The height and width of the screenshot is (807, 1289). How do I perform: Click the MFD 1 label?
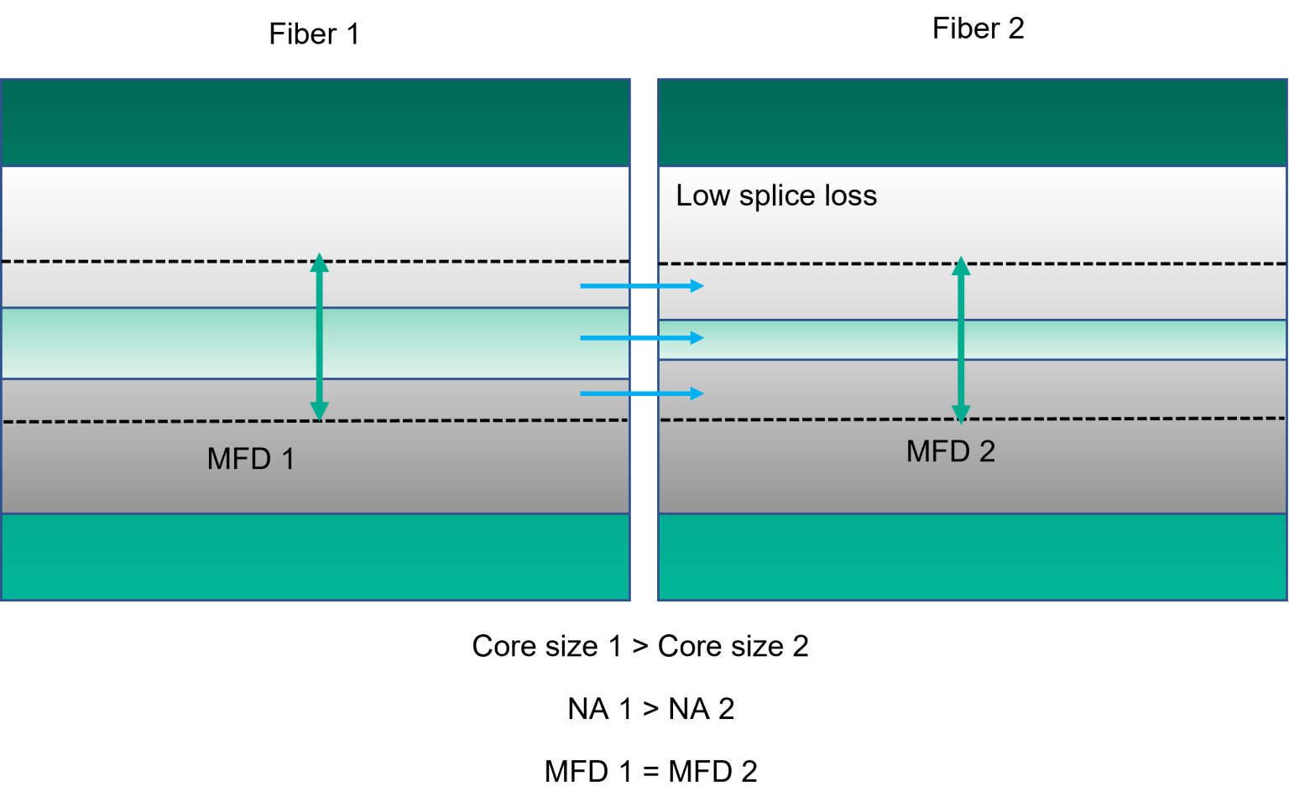click(250, 459)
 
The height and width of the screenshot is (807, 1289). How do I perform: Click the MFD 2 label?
click(950, 451)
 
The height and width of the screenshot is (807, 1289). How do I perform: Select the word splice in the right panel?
click(777, 195)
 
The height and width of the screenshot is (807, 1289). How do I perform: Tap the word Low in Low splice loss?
click(702, 195)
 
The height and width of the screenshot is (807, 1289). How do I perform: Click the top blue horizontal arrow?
click(641, 286)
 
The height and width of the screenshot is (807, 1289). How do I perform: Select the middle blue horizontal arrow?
click(641, 338)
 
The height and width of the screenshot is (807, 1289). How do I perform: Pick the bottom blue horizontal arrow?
click(641, 393)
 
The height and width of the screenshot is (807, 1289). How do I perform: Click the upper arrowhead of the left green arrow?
click(319, 263)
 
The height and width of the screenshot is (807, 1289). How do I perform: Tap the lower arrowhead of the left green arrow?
click(319, 411)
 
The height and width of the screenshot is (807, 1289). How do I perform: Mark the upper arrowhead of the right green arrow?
click(961, 267)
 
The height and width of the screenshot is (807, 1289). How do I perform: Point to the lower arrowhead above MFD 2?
click(961, 414)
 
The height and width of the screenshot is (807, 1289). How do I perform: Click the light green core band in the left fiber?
click(168, 343)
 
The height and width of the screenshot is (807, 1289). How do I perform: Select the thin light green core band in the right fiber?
click(1091, 340)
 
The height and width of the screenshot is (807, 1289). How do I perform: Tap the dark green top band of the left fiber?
click(315, 122)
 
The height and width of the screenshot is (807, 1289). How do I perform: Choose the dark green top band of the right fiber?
click(972, 122)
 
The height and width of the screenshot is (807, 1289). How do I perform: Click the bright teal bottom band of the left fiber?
click(315, 556)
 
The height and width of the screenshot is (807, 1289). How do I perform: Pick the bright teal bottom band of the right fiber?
click(972, 556)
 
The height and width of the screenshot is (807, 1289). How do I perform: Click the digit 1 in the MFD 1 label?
click(288, 459)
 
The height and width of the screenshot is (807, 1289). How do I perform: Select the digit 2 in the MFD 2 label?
click(987, 451)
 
